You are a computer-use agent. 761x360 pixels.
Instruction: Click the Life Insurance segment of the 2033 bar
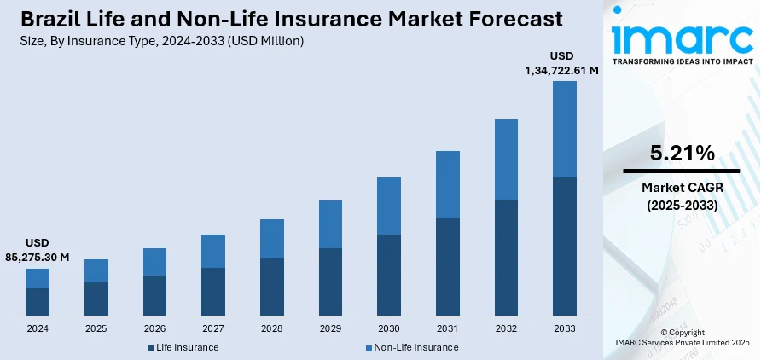click(565, 246)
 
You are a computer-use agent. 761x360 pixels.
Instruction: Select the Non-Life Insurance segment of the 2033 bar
click(565, 129)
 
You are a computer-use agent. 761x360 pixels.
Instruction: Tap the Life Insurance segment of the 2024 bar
click(38, 301)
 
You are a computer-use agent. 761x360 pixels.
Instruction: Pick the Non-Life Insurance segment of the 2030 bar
click(389, 206)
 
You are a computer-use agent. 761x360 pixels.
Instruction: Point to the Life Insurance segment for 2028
click(272, 286)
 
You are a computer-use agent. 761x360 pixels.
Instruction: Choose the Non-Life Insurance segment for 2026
click(154, 262)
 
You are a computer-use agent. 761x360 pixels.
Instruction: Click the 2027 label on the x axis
click(213, 328)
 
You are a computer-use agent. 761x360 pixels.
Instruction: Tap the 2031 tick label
click(448, 328)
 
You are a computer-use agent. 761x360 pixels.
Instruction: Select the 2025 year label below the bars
click(96, 328)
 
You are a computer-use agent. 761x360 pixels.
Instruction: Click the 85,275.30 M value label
click(37, 257)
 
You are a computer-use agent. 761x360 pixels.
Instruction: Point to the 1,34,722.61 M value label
click(561, 70)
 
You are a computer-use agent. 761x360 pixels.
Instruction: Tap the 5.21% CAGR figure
click(682, 154)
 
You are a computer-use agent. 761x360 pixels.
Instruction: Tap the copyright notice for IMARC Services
click(682, 337)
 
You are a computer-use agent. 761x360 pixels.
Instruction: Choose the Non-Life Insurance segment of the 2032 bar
click(506, 160)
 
